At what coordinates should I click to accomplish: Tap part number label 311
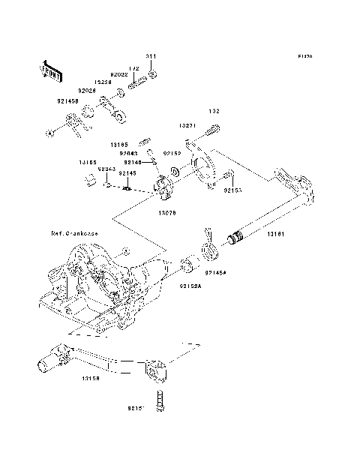pyautogui.click(x=151, y=57)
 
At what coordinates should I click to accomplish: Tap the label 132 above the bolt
pyautogui.click(x=214, y=111)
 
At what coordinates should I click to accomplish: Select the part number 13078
pyautogui.click(x=167, y=212)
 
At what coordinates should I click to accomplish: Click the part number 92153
pyautogui.click(x=232, y=190)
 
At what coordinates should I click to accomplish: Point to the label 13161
pyautogui.click(x=276, y=235)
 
